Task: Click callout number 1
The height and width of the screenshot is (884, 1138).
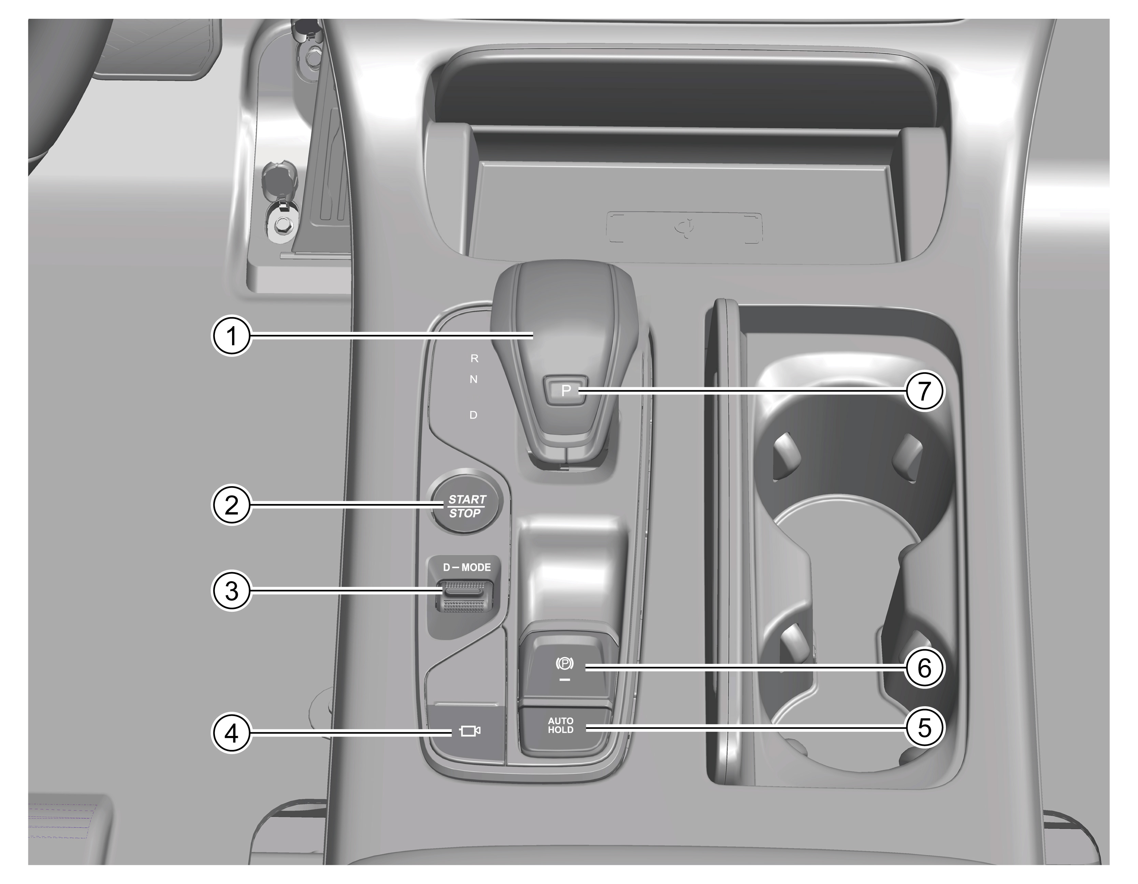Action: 231,336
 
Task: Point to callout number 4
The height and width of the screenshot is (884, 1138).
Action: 231,733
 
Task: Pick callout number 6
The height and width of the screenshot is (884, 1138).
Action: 924,667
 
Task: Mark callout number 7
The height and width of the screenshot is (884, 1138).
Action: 924,390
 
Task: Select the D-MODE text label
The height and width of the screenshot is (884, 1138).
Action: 467,567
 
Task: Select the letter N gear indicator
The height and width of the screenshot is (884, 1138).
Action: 474,379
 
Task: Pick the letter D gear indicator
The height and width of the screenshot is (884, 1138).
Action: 474,415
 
